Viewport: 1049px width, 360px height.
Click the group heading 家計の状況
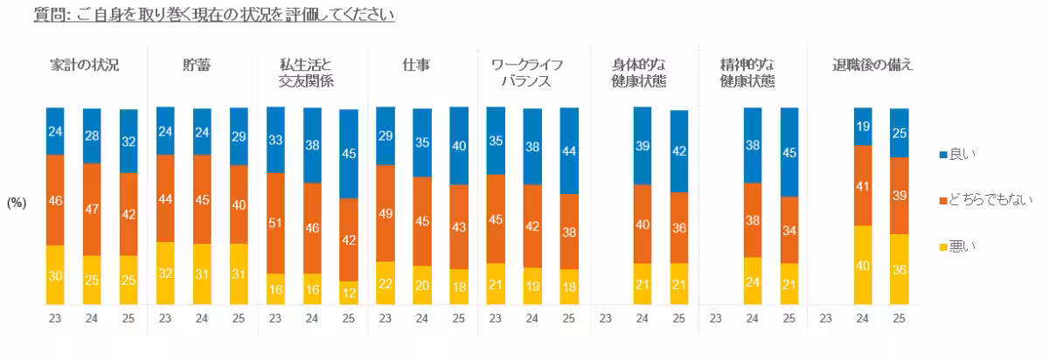click(85, 66)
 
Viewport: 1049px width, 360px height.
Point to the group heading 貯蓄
click(195, 66)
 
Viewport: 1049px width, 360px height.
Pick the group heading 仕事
click(415, 66)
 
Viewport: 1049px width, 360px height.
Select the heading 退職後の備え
click(872, 66)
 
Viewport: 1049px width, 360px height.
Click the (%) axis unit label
click(17, 202)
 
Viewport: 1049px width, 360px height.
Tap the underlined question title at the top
click(213, 16)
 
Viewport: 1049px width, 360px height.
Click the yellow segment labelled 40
click(863, 265)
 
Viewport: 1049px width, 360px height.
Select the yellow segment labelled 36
click(900, 269)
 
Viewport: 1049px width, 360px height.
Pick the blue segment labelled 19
click(863, 126)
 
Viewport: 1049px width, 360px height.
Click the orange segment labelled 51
click(275, 223)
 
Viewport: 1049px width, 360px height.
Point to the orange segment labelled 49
click(386, 212)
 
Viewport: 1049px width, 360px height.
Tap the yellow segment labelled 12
click(349, 293)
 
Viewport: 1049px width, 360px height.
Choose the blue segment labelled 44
click(569, 150)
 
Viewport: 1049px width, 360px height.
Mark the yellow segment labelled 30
click(56, 274)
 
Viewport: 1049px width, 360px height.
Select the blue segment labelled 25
click(900, 133)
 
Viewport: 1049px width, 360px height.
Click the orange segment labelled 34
click(789, 230)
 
